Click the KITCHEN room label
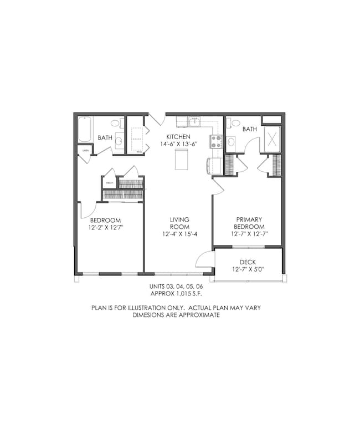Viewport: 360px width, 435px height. [x=179, y=137]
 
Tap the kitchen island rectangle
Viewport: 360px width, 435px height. [x=180, y=159]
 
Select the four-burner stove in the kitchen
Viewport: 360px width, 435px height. [x=215, y=141]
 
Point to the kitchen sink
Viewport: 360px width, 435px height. [x=194, y=121]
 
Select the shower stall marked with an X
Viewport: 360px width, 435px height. [x=271, y=139]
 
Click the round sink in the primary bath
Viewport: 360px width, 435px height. [x=232, y=142]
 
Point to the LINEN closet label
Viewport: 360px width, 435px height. [x=85, y=150]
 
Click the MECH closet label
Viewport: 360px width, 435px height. [x=109, y=182]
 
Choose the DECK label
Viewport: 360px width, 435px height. [x=248, y=262]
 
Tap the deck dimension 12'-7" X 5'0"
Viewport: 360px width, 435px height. [x=248, y=270]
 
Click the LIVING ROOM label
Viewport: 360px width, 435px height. [x=179, y=223]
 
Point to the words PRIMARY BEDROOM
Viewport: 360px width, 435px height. [x=249, y=223]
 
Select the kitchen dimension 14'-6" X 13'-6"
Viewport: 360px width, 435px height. [x=179, y=145]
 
